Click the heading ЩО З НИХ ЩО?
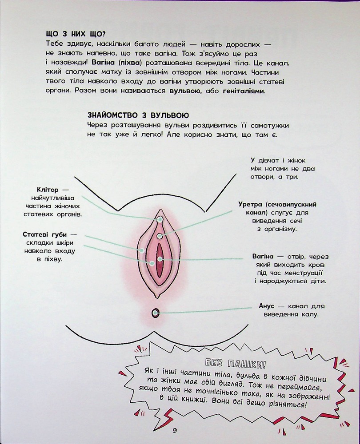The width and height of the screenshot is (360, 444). [76, 34]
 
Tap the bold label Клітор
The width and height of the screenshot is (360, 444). [48, 190]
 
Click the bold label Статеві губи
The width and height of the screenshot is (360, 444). [45, 235]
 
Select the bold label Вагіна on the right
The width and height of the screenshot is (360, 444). [263, 257]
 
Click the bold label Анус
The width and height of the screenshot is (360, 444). [267, 306]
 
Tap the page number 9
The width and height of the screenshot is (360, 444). [175, 431]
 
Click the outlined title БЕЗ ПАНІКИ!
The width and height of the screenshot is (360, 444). [236, 363]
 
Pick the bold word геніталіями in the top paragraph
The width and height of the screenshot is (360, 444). [244, 91]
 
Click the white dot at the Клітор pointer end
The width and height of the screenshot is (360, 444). [160, 219]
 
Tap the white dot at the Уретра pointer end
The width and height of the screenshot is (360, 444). [160, 236]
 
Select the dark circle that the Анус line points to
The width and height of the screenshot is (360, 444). [156, 313]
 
